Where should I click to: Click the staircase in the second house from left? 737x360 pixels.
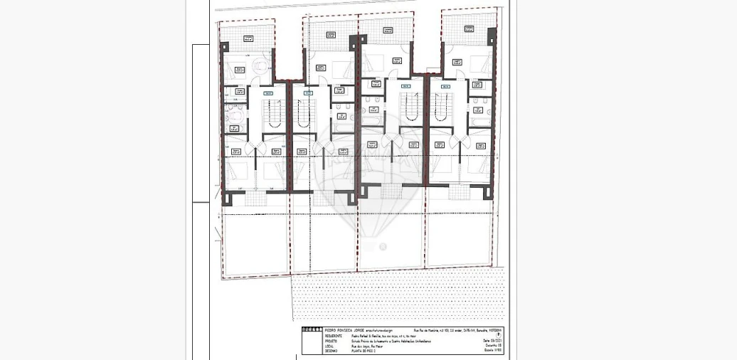coord(304,112)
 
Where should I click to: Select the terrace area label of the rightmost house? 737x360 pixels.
coord(470,28)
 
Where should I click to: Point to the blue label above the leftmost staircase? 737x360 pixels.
coord(268,93)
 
